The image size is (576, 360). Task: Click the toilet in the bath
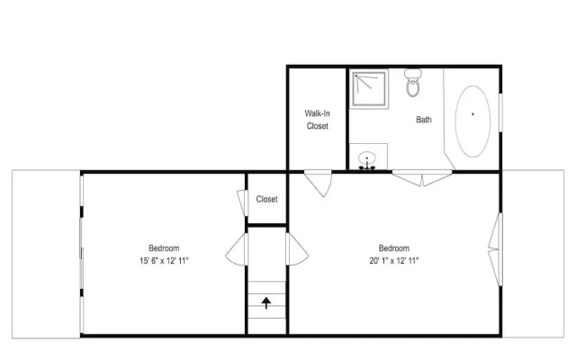pos(413,83)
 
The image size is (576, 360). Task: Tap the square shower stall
pos(369,89)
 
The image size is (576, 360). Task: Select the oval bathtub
pos(472,121)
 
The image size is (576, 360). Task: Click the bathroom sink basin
pos(366,158)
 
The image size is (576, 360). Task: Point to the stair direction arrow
pos(266,303)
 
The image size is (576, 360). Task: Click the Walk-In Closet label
pos(317,120)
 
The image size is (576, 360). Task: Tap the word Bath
pos(424,120)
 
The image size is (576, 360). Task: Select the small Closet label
pos(266,199)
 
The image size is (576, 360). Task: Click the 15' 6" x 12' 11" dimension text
pos(164,261)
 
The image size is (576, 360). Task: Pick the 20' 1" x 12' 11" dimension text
pos(394,261)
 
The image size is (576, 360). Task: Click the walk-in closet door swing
pos(319,183)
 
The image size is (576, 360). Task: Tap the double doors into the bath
pos(422,178)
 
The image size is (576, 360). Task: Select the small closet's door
pos(243,202)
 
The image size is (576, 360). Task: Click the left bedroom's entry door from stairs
pos(237,249)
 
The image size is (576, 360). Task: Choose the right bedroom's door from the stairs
pos(297,249)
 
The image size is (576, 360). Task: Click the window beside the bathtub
pos(500,112)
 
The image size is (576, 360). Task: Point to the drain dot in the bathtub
pos(472,114)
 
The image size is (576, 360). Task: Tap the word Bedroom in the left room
pos(164,248)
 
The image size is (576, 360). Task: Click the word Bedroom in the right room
pos(394,248)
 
